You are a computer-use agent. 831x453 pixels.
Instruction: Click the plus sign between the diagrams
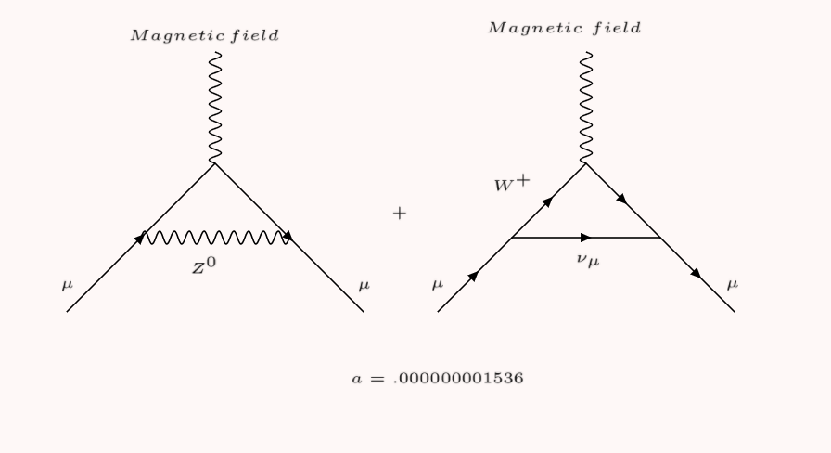pos(400,214)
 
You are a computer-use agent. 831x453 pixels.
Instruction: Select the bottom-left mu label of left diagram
pos(66,284)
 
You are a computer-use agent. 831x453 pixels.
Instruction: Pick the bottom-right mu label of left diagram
pos(363,284)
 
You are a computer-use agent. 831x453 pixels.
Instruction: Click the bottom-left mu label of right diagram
pos(437,284)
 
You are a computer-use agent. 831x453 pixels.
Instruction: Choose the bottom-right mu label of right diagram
pos(734,284)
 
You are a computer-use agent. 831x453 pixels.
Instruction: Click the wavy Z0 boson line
pos(215,239)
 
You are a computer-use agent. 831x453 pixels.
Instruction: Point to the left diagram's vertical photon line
pos(215,107)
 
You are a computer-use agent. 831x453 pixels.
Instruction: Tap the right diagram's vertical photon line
pos(586,107)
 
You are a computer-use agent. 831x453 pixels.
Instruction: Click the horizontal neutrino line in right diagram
pos(556,238)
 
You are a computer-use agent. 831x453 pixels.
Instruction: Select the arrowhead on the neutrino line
pos(586,238)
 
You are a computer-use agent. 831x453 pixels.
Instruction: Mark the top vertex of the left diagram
pos(215,163)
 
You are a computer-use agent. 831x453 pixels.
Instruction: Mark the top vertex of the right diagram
pos(586,163)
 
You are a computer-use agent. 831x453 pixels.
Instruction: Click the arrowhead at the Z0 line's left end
pos(141,239)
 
